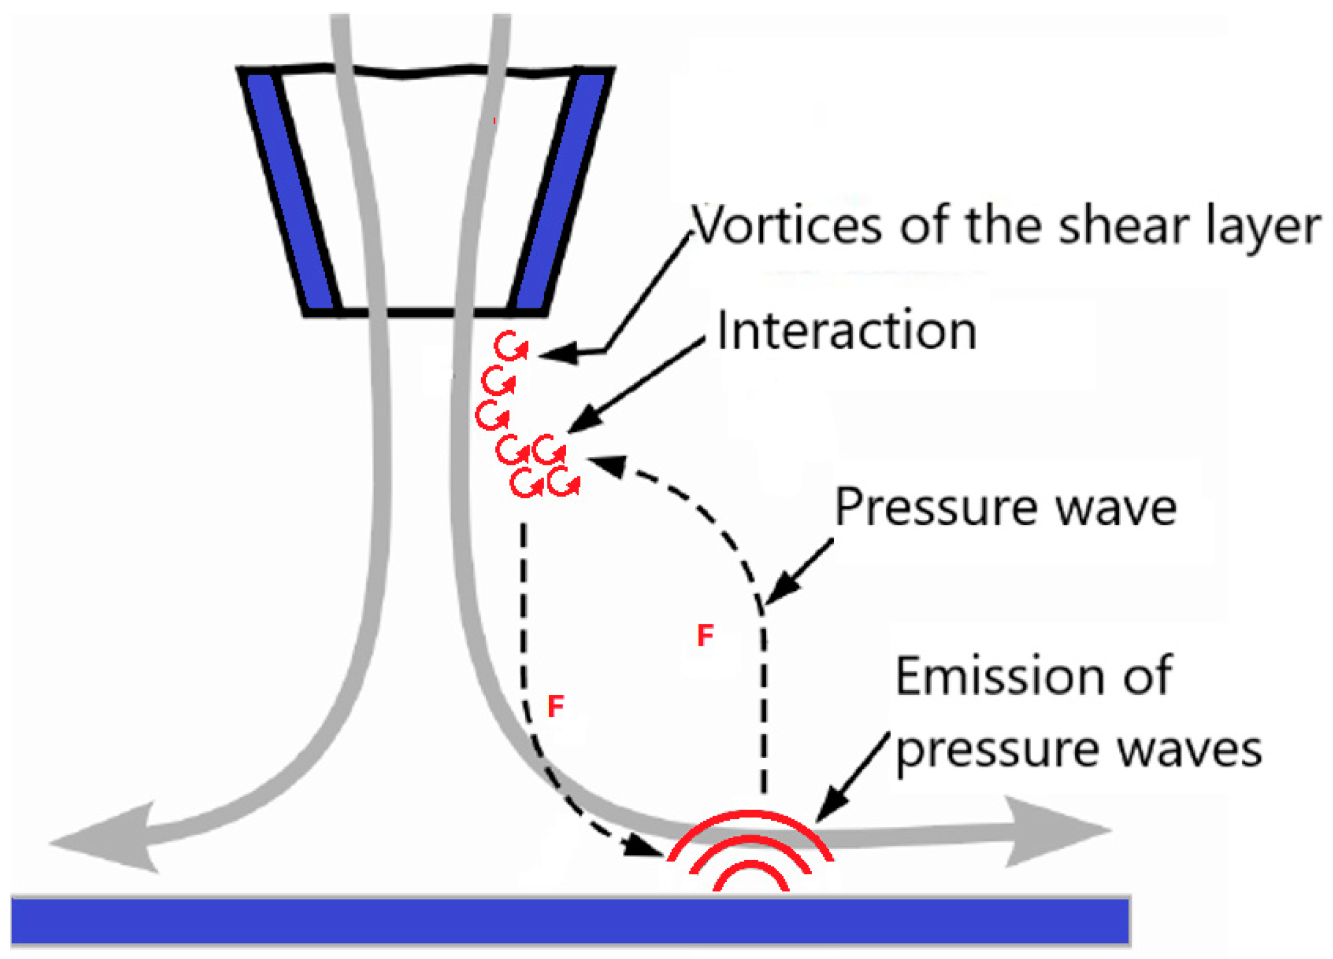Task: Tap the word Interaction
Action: pyautogui.click(x=846, y=332)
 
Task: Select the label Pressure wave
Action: pyautogui.click(x=1006, y=507)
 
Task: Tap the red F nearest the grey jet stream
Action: pyautogui.click(x=555, y=706)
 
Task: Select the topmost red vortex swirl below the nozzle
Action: pyautogui.click(x=509, y=346)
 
